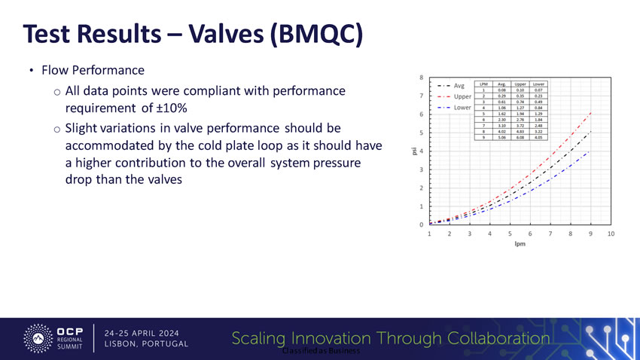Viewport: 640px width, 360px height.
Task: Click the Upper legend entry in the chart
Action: [x=463, y=96]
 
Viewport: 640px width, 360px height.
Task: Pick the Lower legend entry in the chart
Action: [x=463, y=108]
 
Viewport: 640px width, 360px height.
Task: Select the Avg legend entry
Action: [x=459, y=85]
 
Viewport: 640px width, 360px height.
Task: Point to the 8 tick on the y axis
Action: [x=420, y=78]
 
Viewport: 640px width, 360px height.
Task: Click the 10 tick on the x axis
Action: [x=611, y=234]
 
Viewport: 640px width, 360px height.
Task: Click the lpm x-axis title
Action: [x=520, y=244]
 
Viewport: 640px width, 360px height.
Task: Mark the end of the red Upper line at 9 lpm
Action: [x=591, y=113]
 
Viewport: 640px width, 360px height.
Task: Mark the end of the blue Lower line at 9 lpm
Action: [x=591, y=151]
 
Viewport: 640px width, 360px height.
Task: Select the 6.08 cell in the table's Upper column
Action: [x=520, y=138]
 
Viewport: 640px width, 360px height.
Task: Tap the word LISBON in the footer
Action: [x=123, y=344]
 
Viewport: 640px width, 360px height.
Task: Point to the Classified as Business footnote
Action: [x=319, y=352]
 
